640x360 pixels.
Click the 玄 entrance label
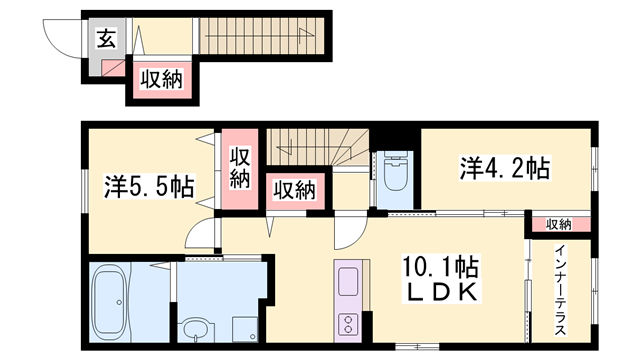coord(105,39)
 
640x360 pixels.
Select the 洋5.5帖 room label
coord(147,186)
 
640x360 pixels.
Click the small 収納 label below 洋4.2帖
coord(559,224)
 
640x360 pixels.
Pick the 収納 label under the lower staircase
coord(295,189)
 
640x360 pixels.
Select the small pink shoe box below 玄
coord(113,71)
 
